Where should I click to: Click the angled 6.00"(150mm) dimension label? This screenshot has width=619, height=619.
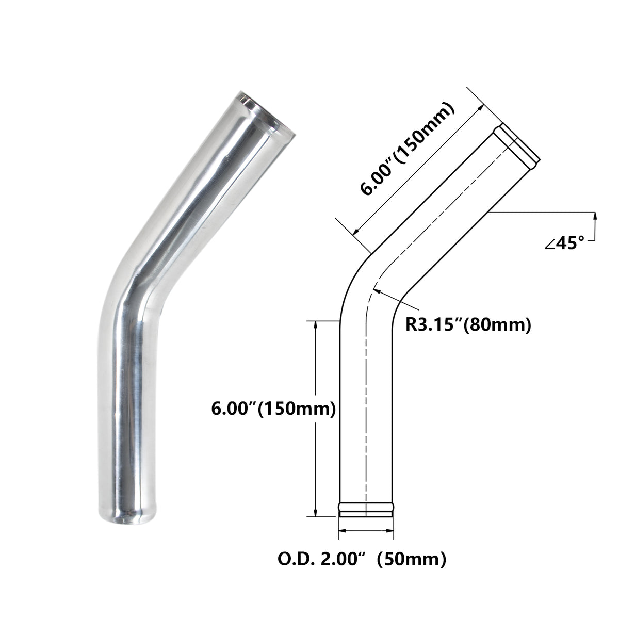tap(408, 150)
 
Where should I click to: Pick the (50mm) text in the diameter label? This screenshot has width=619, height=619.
tap(411, 558)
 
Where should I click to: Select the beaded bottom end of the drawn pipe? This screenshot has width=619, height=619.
tap(366, 509)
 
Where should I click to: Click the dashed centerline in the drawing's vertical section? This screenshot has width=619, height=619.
tap(366, 413)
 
